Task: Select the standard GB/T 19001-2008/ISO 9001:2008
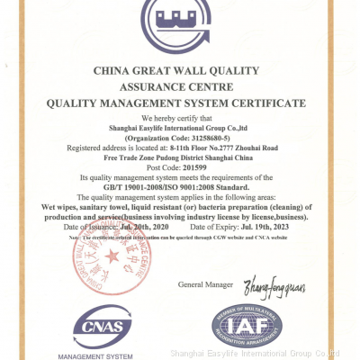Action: click(181, 186)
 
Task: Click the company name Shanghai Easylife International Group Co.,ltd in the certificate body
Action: click(180, 128)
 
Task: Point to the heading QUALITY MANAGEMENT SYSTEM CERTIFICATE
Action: click(180, 103)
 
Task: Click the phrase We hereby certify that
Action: click(180, 118)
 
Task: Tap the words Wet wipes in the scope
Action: click(62, 206)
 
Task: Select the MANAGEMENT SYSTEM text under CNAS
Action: click(106, 355)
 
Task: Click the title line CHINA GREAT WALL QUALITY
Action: click(180, 68)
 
